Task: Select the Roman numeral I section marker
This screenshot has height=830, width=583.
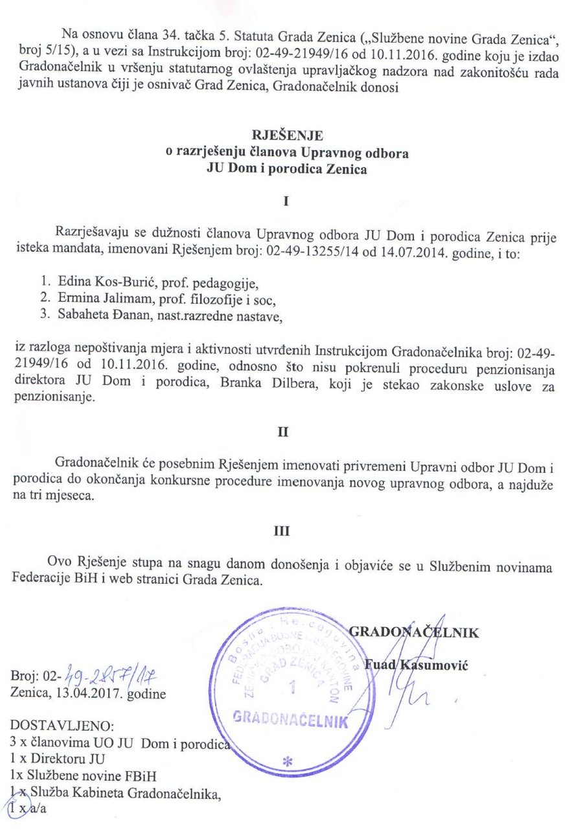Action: pos(285,202)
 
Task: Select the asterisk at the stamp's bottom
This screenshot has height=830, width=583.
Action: pos(287,763)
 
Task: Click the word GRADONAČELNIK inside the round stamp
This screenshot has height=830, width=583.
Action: pos(290,720)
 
